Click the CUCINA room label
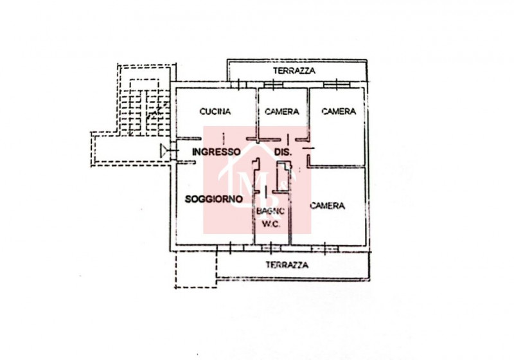point(215,111)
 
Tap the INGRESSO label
point(217,152)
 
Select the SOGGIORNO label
point(214,199)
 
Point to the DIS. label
point(283,152)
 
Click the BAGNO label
point(270,211)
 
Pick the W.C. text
point(271,224)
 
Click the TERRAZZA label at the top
point(294,71)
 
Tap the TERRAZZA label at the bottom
point(287,265)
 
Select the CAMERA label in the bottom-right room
point(328,206)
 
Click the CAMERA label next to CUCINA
point(282,112)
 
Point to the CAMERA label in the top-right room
point(339,111)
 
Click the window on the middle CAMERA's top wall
point(274,85)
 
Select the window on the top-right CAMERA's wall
point(337,85)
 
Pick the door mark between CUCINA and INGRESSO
point(224,139)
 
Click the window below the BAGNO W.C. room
point(270,248)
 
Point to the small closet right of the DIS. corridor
point(283,176)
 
